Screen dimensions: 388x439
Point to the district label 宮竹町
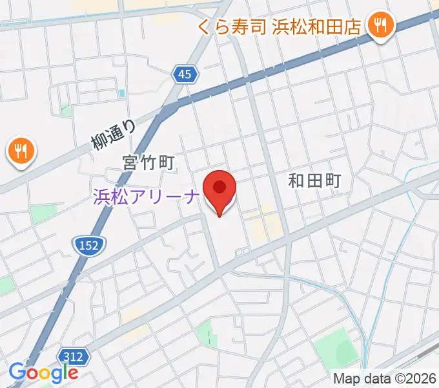pyautogui.click(x=149, y=162)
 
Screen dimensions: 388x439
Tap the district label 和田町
pyautogui.click(x=314, y=180)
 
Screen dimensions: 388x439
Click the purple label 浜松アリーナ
pyautogui.click(x=145, y=196)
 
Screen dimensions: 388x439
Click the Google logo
pyautogui.click(x=43, y=373)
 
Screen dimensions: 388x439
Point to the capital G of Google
pyautogui.click(x=17, y=372)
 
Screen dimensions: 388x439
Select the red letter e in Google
pyautogui.click(x=72, y=374)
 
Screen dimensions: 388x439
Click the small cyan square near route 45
pyautogui.click(x=122, y=93)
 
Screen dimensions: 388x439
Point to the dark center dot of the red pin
pyautogui.click(x=219, y=188)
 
